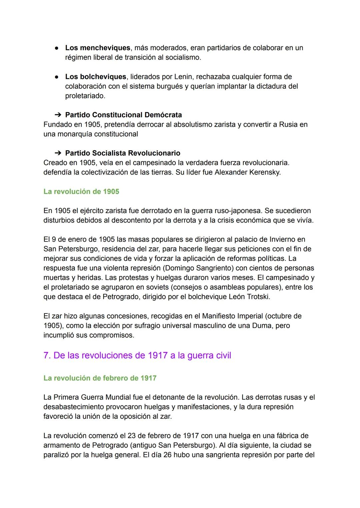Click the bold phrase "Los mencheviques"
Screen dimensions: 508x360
click(x=97, y=48)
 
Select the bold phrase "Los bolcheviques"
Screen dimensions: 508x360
click(x=96, y=77)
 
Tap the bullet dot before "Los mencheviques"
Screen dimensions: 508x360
click(x=57, y=48)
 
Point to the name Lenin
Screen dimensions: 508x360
click(x=183, y=77)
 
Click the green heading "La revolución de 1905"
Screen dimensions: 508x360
click(x=81, y=192)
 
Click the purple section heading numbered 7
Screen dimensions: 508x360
click(x=137, y=355)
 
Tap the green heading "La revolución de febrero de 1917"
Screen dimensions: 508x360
click(x=100, y=378)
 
